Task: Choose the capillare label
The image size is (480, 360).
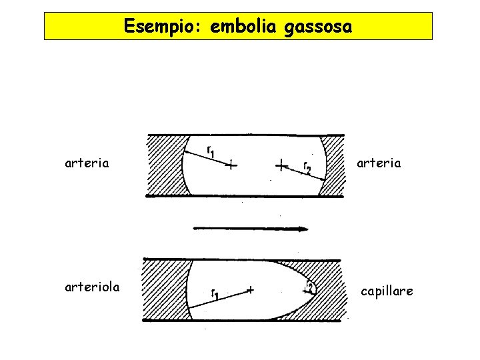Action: (x=387, y=291)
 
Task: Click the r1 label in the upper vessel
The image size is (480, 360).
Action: (x=210, y=152)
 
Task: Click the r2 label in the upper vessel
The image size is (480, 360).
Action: (x=306, y=167)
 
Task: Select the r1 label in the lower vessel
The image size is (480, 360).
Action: (x=216, y=294)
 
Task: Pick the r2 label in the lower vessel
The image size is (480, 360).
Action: (x=309, y=287)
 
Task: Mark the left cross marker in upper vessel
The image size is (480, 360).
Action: (x=230, y=165)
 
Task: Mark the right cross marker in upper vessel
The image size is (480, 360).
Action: (x=281, y=163)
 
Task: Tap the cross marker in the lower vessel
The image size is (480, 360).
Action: (x=250, y=289)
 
